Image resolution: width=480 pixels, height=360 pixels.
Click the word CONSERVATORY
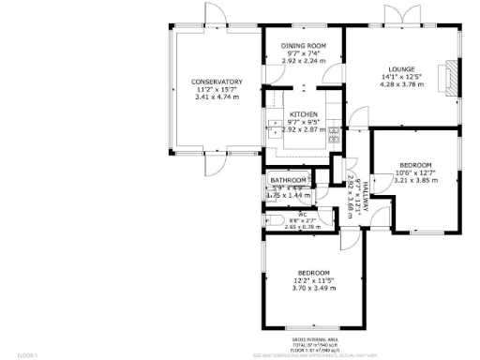pos(217,82)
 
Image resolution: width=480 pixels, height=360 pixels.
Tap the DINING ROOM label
pos(304,46)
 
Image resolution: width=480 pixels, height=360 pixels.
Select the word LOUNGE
pos(403,69)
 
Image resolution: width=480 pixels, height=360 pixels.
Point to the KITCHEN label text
pos(304,114)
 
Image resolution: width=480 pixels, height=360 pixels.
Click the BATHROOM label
pos(289,180)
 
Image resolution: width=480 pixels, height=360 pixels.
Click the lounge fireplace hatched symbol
pos(451,78)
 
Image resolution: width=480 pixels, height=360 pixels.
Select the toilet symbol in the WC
pos(271,219)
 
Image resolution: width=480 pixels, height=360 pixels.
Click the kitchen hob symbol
pos(333,134)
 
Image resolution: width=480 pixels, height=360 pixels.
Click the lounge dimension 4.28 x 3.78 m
pos(403,84)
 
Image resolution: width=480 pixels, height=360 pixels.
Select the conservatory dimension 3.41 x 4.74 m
pos(217,97)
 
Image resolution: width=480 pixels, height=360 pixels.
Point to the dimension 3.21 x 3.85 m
pos(413,180)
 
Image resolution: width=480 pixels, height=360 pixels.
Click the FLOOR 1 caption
pos(28,356)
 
